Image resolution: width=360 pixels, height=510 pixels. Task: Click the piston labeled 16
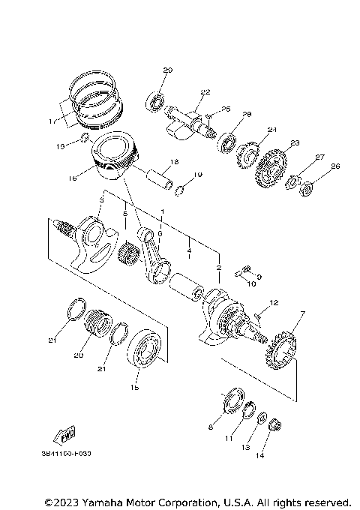[x=115, y=156]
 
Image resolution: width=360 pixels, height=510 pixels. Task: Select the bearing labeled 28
[x=226, y=141]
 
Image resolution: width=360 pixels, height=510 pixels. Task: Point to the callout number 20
[x=77, y=357]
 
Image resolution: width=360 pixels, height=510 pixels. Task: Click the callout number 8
[x=211, y=427]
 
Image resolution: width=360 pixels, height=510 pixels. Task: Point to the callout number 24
[x=272, y=130]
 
